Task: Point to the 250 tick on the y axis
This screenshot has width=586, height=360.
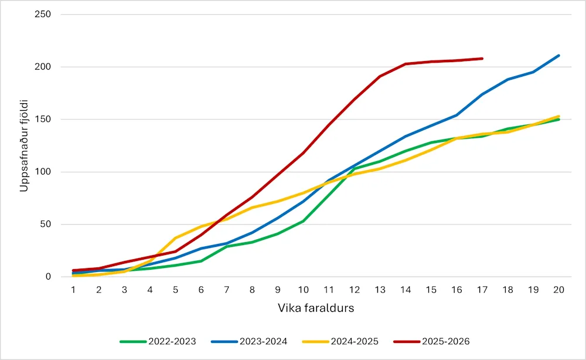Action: coord(44,14)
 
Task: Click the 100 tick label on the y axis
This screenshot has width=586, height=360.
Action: coord(44,172)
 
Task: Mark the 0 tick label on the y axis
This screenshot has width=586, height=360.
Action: coord(48,277)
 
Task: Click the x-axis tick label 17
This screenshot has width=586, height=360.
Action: coord(482,290)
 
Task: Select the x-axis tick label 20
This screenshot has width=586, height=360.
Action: coord(558,290)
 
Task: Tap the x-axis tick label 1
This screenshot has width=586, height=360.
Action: coord(73,290)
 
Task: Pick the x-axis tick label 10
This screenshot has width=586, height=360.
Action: coord(303,290)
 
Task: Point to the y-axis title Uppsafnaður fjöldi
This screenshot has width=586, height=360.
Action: coord(25,145)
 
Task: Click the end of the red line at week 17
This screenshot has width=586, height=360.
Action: coord(482,59)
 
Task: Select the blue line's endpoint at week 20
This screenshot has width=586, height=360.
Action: coord(558,56)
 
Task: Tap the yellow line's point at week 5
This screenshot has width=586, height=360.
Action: coord(175,238)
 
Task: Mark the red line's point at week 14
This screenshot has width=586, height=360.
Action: coord(405,64)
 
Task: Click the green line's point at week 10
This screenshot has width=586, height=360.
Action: coord(303,221)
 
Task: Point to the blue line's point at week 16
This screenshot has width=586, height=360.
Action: coord(456,115)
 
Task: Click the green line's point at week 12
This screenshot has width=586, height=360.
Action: coord(354,169)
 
